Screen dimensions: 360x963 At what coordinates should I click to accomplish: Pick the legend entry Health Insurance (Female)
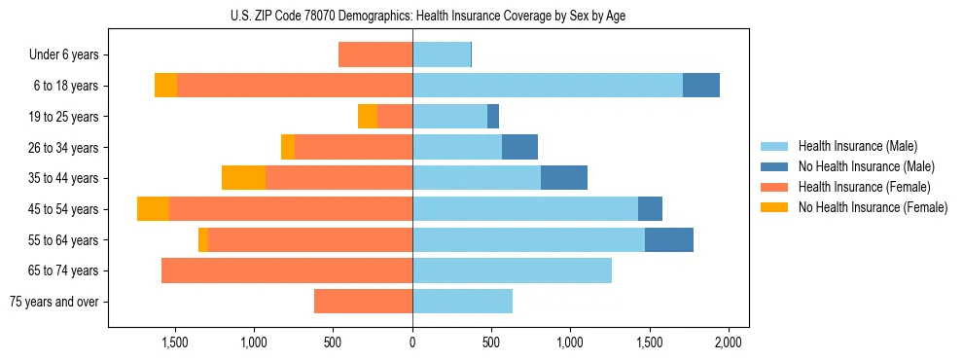tap(864, 187)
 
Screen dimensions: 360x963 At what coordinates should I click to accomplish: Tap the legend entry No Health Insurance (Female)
tap(873, 207)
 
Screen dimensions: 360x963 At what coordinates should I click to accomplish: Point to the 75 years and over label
tap(53, 302)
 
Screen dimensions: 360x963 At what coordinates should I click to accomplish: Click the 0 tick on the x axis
tap(412, 342)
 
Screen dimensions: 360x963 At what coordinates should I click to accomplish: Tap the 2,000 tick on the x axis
tap(729, 342)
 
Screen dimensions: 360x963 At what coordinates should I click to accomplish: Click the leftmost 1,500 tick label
tap(175, 342)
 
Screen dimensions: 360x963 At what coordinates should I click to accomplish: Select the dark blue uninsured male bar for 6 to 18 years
tap(701, 86)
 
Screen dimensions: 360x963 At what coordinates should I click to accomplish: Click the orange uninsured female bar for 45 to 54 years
tap(153, 209)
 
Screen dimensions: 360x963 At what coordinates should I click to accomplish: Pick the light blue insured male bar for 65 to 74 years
tap(512, 270)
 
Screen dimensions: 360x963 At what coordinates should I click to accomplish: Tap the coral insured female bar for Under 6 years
tap(375, 55)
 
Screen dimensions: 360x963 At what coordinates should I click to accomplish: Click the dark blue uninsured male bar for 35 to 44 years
tap(564, 178)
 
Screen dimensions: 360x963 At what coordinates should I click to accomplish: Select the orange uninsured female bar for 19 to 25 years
tap(368, 117)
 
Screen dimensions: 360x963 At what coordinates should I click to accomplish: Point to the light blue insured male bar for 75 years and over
tap(462, 302)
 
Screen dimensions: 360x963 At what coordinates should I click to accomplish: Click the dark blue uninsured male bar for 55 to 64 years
tap(669, 240)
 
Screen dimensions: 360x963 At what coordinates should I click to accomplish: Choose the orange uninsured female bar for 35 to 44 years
tap(243, 178)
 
